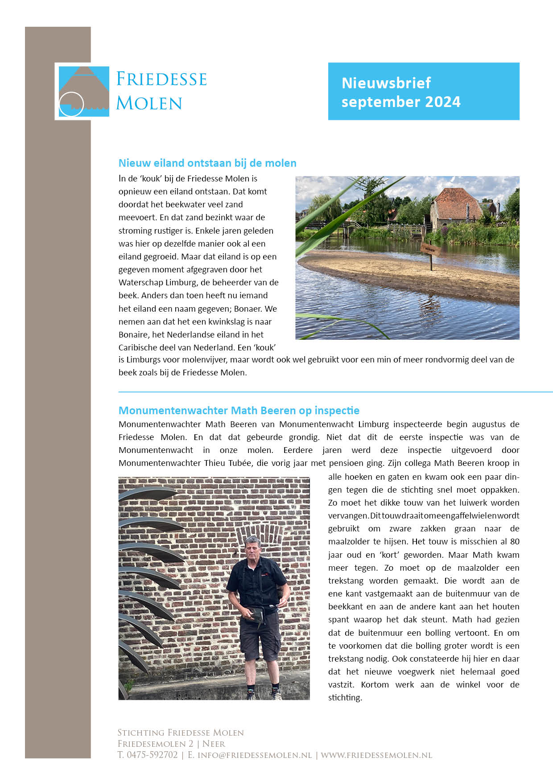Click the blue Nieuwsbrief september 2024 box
coord(423,91)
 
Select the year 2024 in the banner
coord(442,102)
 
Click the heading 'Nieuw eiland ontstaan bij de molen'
coord(207,163)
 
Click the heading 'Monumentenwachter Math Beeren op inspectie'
coord(239,411)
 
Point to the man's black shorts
coord(260,638)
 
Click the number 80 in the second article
coord(515,541)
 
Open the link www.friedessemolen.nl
coord(376,755)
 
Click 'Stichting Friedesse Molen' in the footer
coord(181,733)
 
